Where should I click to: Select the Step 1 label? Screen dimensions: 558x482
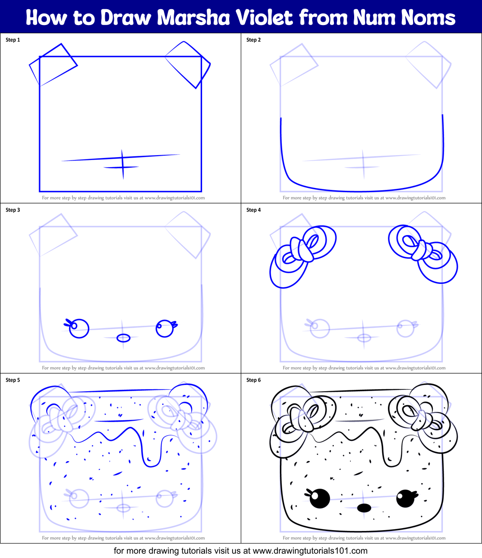(x=13, y=40)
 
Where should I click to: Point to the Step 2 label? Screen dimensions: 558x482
(x=253, y=40)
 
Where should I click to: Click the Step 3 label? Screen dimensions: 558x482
(x=13, y=210)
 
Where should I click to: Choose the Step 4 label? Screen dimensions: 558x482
(x=253, y=210)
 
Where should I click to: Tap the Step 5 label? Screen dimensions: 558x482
(x=13, y=380)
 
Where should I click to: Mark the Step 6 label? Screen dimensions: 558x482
(x=253, y=380)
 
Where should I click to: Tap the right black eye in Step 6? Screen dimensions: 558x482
(x=405, y=498)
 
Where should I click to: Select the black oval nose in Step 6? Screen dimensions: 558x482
(x=364, y=507)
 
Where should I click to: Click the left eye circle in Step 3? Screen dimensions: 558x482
(x=79, y=329)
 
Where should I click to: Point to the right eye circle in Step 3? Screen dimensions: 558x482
(x=165, y=329)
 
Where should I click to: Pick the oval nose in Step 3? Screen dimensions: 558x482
(x=124, y=338)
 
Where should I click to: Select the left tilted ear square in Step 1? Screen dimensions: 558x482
(x=54, y=65)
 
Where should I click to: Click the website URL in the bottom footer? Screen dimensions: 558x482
(x=310, y=550)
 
